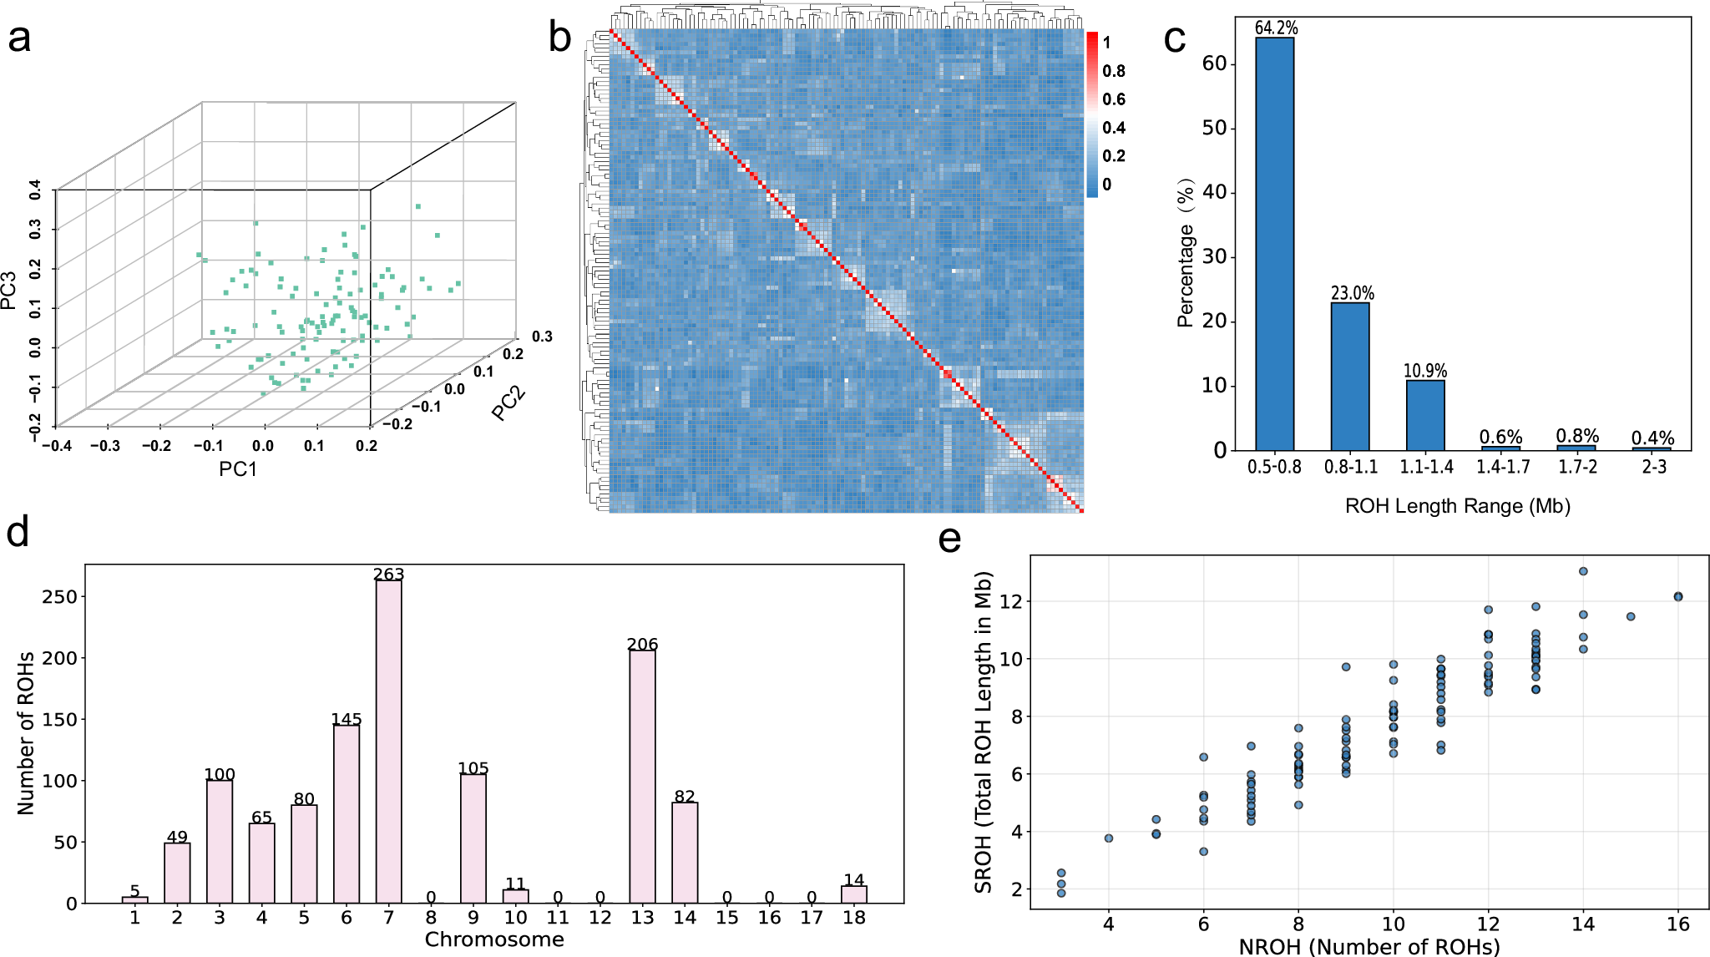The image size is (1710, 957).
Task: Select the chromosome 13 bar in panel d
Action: [642, 777]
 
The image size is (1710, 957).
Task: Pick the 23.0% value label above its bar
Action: [1352, 293]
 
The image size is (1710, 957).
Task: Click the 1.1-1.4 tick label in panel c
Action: [1426, 468]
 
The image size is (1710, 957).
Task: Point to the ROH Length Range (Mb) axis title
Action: [1457, 506]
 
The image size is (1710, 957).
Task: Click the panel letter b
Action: [560, 38]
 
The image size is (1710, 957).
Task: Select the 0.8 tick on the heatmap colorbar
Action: [1114, 71]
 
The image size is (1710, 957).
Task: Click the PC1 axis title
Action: [238, 469]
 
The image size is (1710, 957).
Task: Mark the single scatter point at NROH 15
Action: [1631, 616]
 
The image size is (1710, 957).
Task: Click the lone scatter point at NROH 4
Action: [1109, 838]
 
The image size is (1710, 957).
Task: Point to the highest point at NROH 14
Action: [1583, 571]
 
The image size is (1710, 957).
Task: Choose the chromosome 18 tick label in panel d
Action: [853, 918]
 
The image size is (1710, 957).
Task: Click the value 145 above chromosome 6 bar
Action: [347, 719]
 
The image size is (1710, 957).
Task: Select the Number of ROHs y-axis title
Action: [27, 733]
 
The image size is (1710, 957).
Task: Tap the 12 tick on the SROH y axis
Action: [1010, 601]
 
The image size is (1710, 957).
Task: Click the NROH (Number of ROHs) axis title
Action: [1369, 947]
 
